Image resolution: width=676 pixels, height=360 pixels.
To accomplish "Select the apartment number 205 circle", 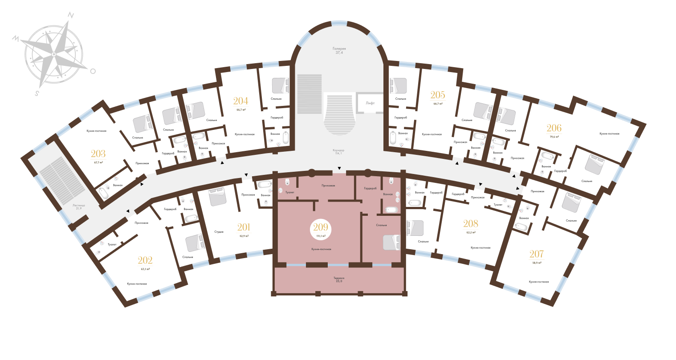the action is (438, 97).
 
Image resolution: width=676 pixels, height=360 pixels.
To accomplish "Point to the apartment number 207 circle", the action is (536, 256).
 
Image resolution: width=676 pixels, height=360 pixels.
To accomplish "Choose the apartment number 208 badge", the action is (471, 226).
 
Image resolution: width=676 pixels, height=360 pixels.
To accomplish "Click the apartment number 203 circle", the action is (98, 156).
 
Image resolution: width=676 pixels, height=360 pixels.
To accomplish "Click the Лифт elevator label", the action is (370, 103).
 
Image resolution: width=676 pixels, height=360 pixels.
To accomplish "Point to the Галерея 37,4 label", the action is (339, 50).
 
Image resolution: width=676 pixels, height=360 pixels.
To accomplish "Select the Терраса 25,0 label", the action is (339, 279).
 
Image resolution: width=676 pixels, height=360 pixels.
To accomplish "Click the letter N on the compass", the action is (70, 15).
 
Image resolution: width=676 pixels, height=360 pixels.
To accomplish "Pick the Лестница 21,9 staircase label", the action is (78, 207).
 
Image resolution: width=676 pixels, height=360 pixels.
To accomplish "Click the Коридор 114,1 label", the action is (339, 152).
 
